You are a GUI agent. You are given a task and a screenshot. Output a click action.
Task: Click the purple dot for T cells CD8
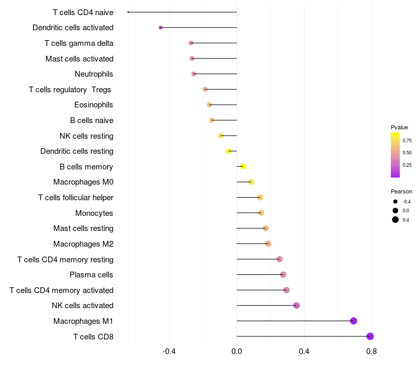pos(370,336)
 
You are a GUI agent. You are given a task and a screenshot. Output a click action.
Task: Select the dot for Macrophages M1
pos(354,321)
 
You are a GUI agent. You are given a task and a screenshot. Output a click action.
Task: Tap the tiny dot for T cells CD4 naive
pos(128,12)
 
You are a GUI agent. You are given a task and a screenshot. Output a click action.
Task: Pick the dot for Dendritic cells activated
pos(160,28)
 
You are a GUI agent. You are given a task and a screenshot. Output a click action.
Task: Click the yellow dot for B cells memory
pos(243,166)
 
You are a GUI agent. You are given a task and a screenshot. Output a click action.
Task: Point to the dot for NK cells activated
pos(296,306)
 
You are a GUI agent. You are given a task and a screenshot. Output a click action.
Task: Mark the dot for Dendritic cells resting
pos(228,151)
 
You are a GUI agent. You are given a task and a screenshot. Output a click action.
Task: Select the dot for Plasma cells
pos(283,275)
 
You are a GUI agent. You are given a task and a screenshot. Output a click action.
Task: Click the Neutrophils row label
pos(94,74)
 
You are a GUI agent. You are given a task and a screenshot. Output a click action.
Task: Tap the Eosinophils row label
pos(94,105)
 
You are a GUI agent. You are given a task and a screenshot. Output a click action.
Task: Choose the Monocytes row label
pos(94,213)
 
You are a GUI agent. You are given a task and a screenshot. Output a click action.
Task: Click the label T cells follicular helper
pos(76,198)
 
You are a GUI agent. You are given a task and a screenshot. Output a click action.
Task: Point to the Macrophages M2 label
pos(84,244)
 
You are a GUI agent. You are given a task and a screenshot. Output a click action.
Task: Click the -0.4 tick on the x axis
pos(169,351)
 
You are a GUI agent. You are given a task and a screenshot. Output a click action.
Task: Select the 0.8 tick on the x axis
pos(371,351)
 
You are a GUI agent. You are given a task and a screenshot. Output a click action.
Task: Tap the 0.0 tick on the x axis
pos(237,351)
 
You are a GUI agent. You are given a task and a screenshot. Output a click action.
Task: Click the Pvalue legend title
pos(399,127)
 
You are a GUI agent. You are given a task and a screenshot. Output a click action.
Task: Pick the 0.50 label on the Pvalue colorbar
pos(407,153)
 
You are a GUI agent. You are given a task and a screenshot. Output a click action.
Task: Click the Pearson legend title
pos(401,191)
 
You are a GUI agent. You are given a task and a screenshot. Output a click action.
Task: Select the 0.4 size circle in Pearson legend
pos(396,220)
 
